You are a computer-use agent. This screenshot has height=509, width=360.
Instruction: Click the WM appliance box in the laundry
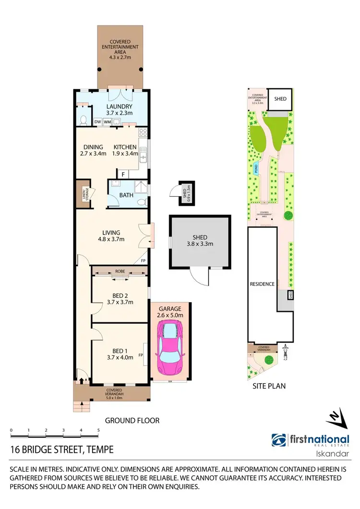107,122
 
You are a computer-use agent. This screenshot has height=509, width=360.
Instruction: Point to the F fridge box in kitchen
123,174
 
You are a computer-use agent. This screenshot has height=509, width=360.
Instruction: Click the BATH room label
126,195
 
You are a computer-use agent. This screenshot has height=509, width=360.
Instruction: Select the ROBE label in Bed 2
119,270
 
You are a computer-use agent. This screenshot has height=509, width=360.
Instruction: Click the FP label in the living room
143,260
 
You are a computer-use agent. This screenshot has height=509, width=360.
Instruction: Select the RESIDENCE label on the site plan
262,284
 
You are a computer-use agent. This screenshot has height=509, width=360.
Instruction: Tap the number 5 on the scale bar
98,430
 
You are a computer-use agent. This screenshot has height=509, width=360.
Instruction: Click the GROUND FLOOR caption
132,420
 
